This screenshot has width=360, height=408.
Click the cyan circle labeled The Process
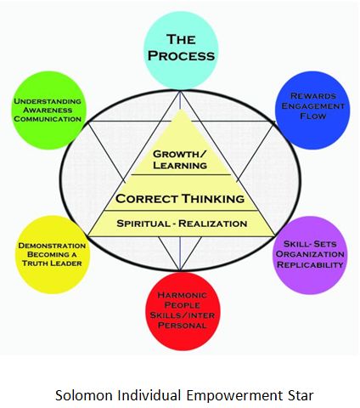click(181, 47)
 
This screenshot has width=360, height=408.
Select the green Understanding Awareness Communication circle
click(48, 110)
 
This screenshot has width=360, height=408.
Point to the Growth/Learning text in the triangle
click(181, 160)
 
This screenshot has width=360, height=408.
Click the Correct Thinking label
click(180, 199)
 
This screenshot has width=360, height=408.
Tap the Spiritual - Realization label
click(180, 223)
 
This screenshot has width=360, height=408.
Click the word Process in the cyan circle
click(181, 56)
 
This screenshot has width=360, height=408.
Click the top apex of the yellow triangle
click(181, 112)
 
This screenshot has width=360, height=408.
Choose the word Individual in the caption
click(149, 383)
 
